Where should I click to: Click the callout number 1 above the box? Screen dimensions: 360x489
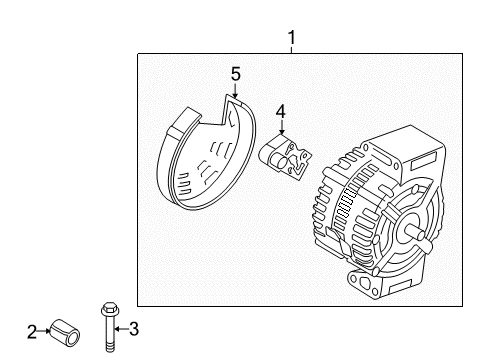291,38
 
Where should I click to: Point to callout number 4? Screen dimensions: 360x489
281,113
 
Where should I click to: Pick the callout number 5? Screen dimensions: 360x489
236,74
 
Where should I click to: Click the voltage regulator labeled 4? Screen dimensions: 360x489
285,156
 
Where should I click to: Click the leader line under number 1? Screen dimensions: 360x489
291,50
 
